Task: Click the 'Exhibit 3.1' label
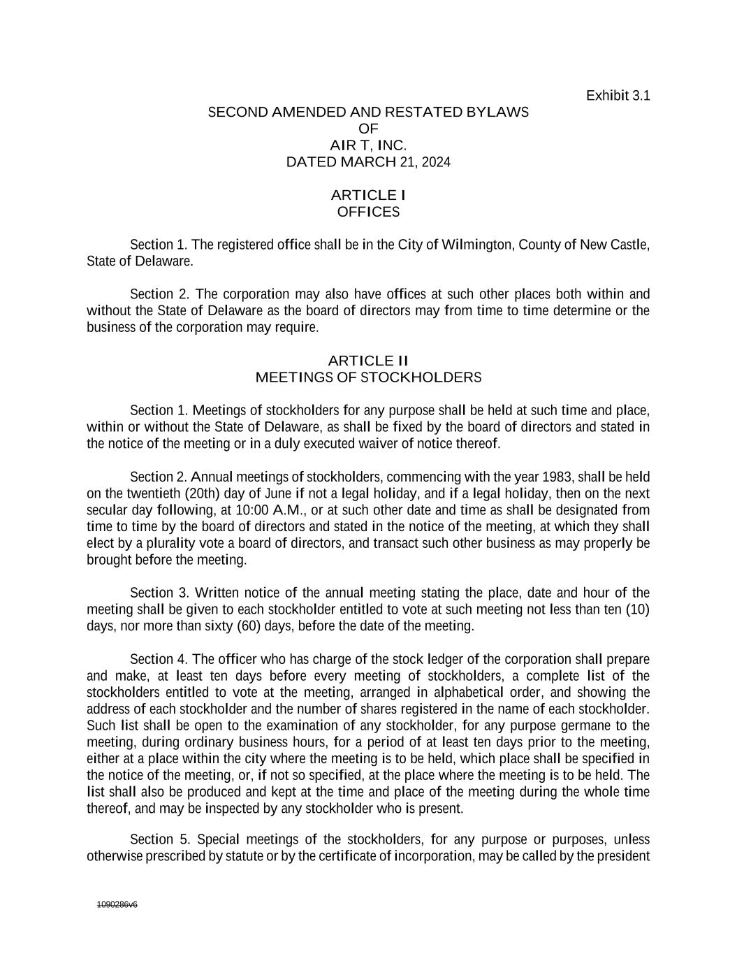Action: (x=618, y=95)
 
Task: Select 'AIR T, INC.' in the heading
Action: (x=368, y=145)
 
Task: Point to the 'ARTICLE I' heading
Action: (x=368, y=195)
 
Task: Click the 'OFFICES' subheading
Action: (x=368, y=212)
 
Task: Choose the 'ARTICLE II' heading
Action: (x=368, y=361)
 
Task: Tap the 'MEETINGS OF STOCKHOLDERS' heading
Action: (x=368, y=377)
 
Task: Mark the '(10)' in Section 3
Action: (x=637, y=609)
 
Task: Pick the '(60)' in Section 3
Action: (x=249, y=626)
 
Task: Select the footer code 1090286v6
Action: (x=117, y=904)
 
